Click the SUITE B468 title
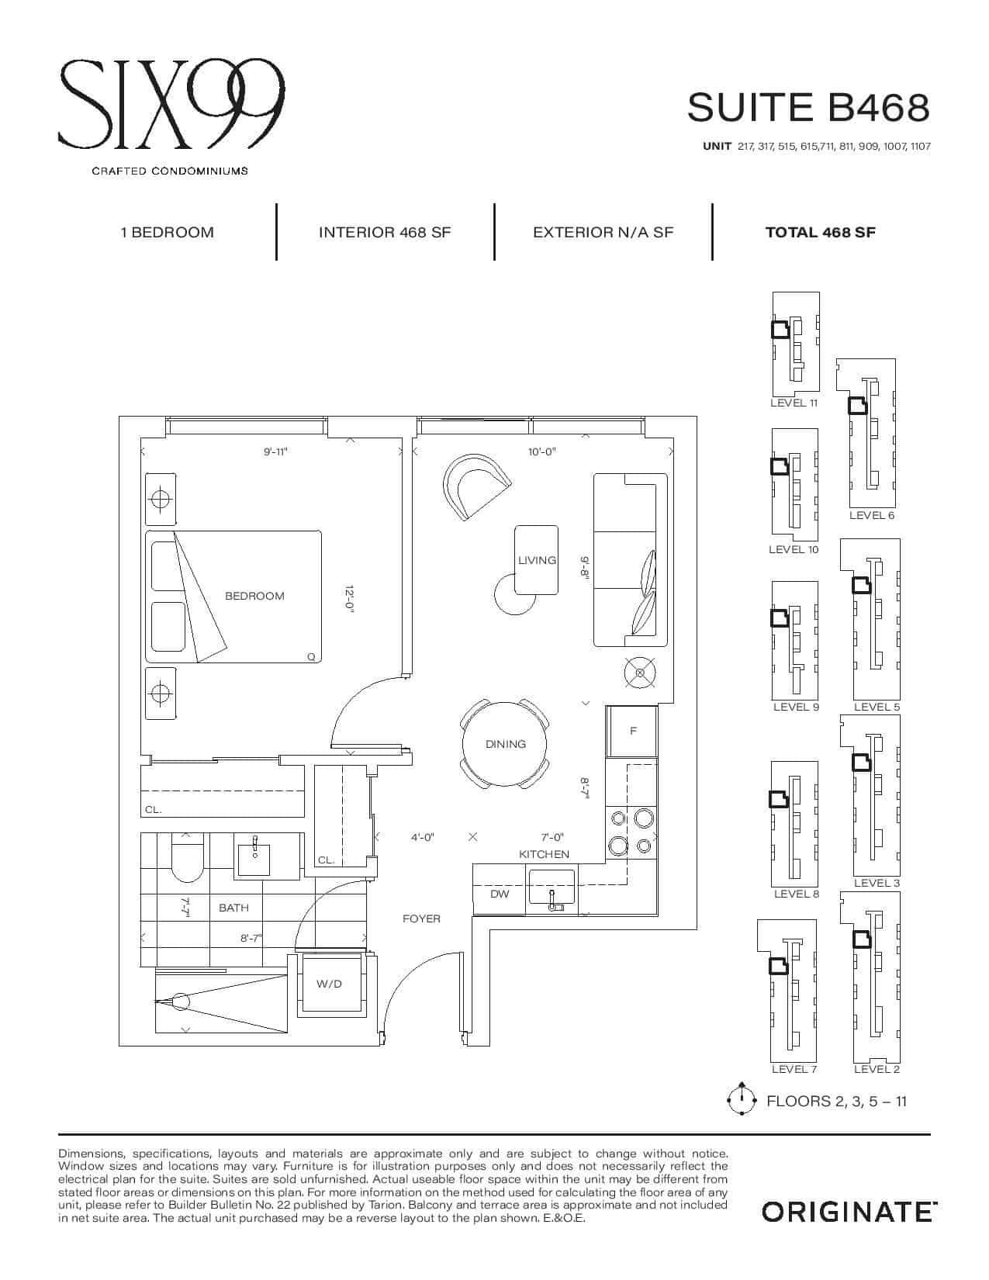coord(807,107)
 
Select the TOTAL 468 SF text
coord(820,232)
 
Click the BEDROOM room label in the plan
coord(254,596)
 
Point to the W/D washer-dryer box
coord(330,984)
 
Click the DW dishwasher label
coord(500,894)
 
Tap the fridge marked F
coord(632,731)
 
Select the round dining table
coord(505,745)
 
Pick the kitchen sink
coord(552,887)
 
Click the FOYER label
coord(421,918)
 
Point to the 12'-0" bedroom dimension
coord(350,599)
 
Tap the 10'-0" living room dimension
coord(541,451)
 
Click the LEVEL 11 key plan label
coord(794,403)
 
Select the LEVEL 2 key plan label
coord(877,1069)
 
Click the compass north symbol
coord(742,1099)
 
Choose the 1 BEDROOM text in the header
coord(167,232)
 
